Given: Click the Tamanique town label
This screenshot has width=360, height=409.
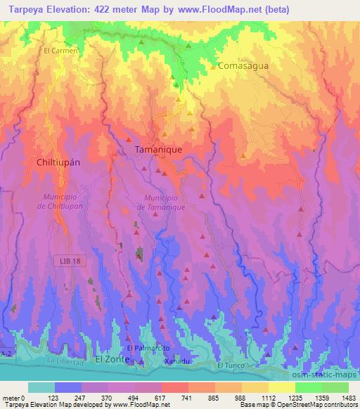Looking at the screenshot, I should (x=160, y=150).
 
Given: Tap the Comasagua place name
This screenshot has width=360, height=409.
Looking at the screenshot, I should (x=243, y=66).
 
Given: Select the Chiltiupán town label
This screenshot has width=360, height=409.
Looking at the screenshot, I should (x=58, y=162).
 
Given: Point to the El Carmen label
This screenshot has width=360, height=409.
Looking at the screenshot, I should (x=60, y=51).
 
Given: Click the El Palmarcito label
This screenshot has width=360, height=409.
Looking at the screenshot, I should (x=148, y=348).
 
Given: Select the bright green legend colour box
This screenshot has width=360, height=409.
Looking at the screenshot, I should (x=309, y=387).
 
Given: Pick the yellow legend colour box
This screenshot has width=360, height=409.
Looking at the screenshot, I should (x=258, y=387).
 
